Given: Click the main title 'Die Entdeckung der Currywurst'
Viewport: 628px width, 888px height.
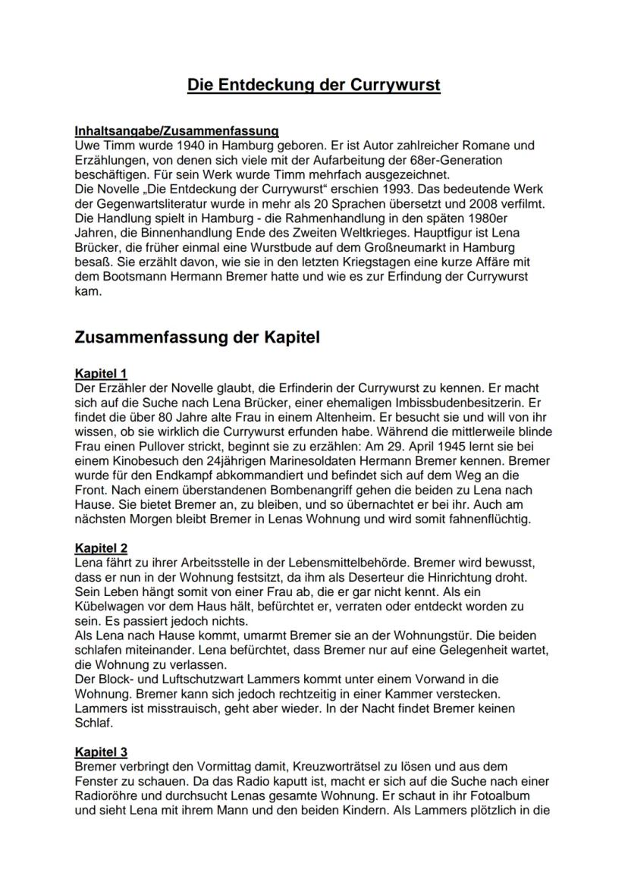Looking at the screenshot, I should pos(314,85).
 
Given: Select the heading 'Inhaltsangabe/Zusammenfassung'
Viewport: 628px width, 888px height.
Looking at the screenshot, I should pos(177,131).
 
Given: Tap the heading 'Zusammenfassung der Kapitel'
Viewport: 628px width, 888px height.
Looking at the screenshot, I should pos(197,338).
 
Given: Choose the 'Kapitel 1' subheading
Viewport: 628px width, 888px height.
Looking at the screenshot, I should pos(101,373).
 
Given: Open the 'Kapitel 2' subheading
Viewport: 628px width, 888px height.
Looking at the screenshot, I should pos(101,548).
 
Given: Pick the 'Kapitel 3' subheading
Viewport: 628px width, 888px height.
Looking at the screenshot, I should pos(101,752).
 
